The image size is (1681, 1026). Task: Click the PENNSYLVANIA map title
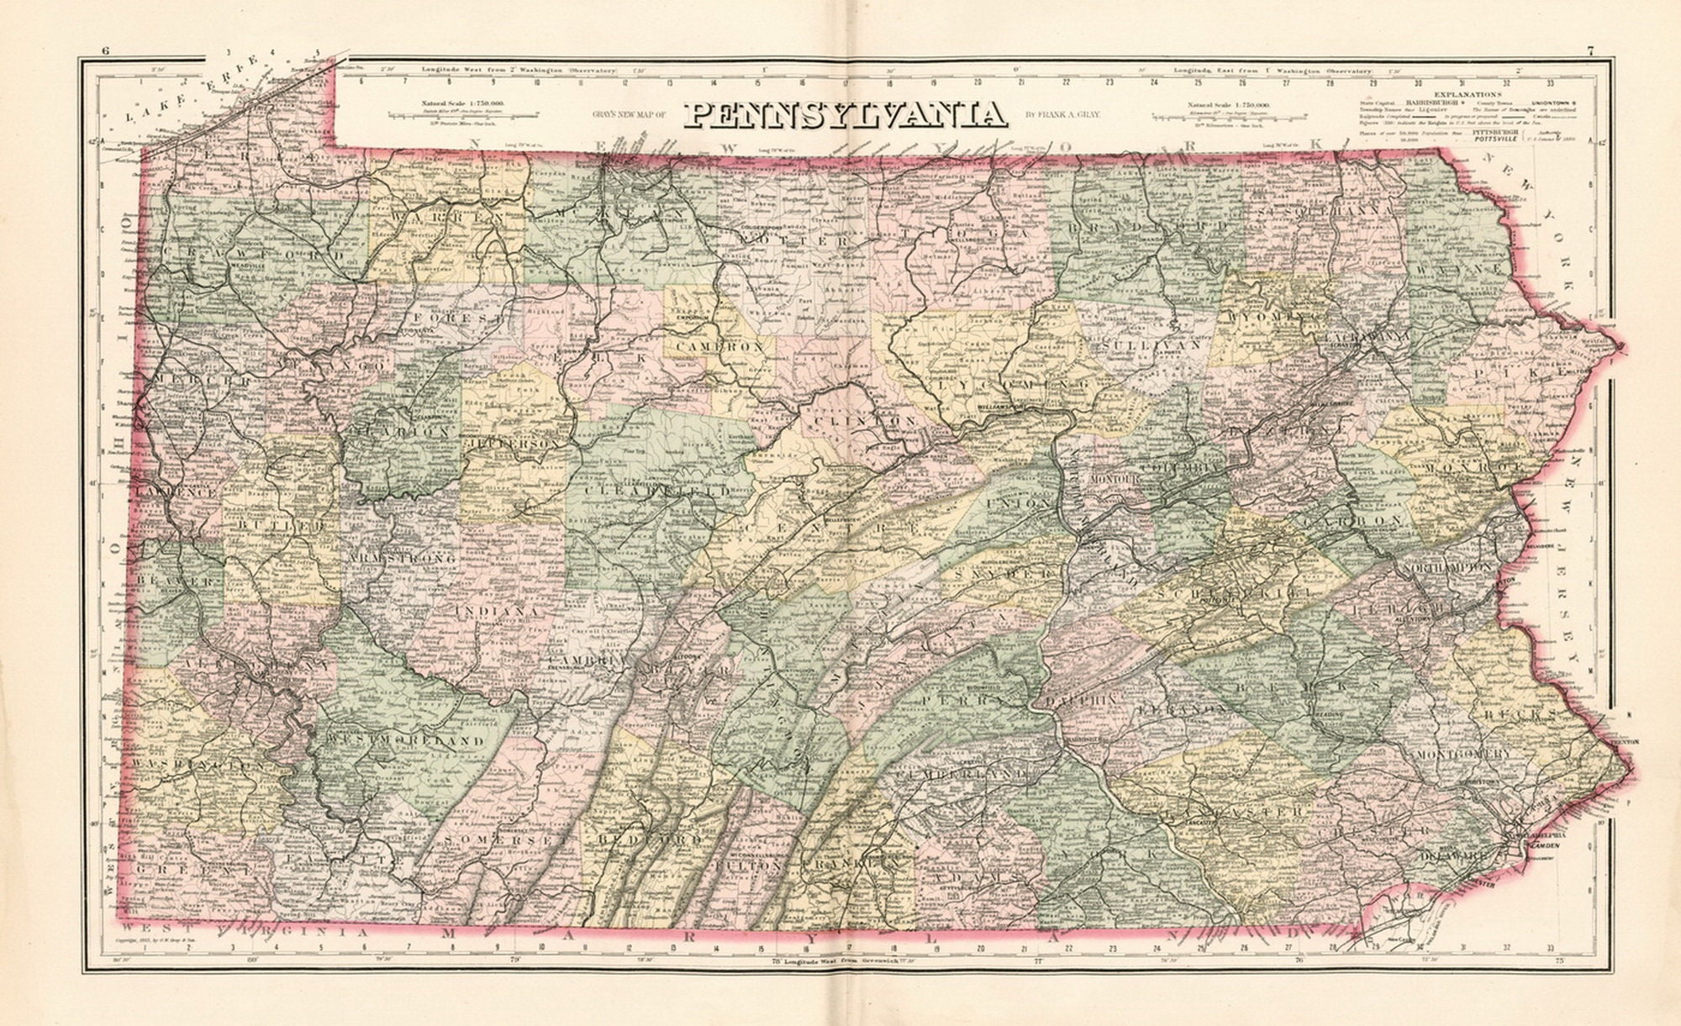point(845,114)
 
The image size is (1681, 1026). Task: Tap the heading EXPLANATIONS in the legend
point(1468,95)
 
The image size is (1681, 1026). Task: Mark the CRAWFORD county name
point(254,253)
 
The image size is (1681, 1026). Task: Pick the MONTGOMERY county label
point(1463,755)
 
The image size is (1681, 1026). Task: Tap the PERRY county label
point(962,698)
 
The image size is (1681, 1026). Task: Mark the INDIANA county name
point(497,611)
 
